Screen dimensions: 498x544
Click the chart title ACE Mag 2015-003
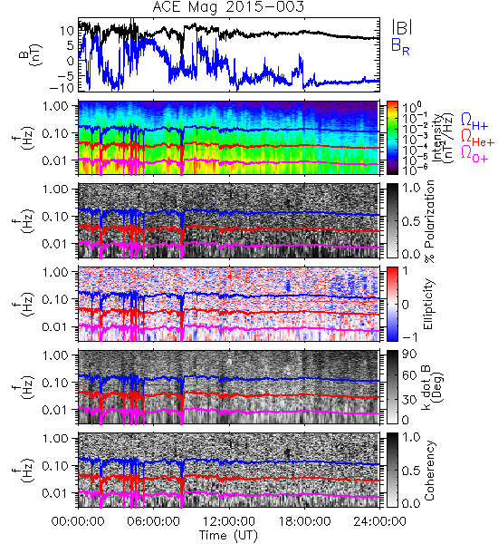[228, 6]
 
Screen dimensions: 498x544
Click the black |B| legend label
[402, 27]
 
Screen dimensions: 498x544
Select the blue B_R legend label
[400, 46]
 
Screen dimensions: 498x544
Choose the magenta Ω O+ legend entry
[474, 153]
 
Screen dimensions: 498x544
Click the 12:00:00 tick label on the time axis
[229, 521]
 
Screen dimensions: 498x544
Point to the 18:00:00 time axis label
[304, 521]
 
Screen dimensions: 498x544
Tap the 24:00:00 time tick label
[379, 521]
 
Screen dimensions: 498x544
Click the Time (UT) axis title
[228, 536]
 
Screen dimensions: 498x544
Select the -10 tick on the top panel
[62, 87]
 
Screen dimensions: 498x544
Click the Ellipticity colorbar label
[428, 305]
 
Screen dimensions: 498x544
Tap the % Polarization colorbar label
[429, 221]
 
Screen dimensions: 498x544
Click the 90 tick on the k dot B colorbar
[410, 355]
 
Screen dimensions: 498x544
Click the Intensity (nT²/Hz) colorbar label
[444, 138]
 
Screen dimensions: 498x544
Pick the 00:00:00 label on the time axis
[78, 521]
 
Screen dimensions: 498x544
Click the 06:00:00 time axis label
[153, 521]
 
